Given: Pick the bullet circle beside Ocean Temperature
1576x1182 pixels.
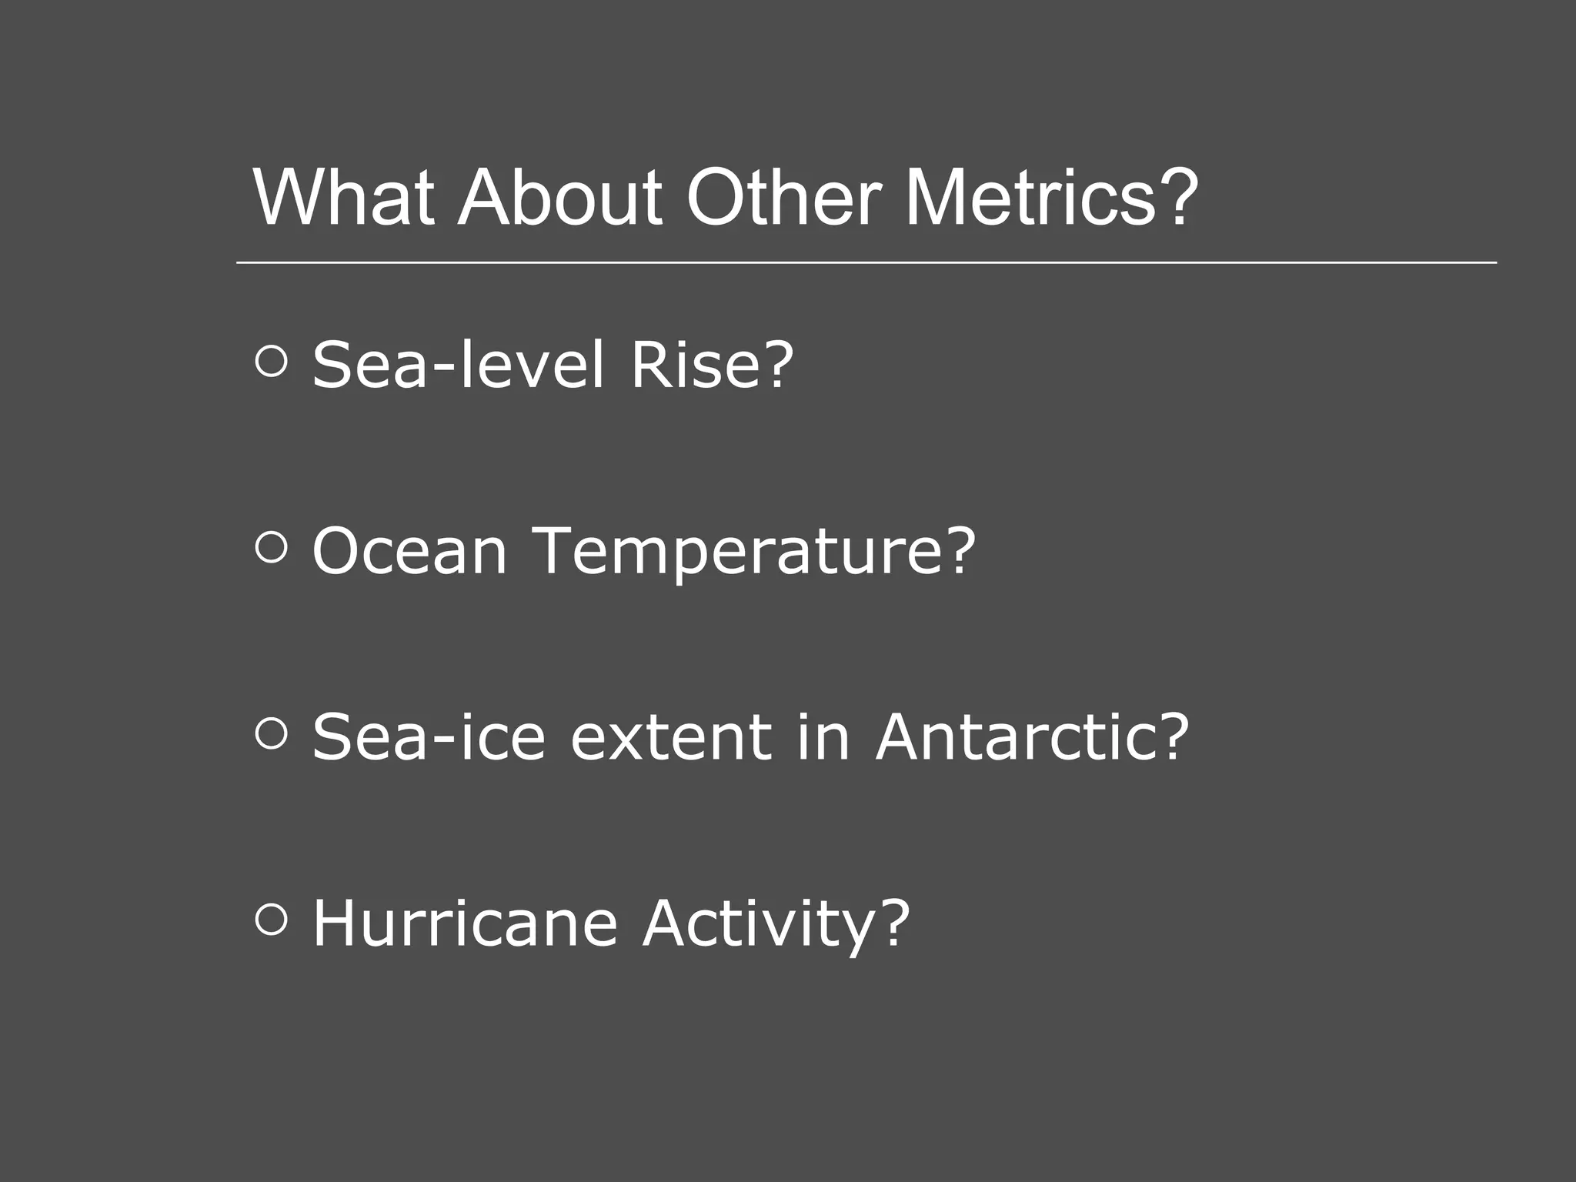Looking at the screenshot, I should click(x=271, y=547).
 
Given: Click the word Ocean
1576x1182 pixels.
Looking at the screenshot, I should click(x=409, y=551).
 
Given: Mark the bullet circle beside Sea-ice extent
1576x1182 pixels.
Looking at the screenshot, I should click(x=271, y=733).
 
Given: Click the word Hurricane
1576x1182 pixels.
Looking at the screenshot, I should click(x=465, y=923).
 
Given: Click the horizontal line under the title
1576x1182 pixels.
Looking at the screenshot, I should click(x=866, y=262).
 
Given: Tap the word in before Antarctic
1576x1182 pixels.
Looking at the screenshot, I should click(x=823, y=737).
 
